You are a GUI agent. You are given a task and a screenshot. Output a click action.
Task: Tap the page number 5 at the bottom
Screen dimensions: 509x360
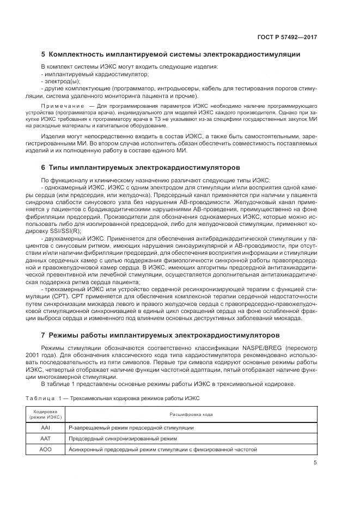click(x=315, y=463)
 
